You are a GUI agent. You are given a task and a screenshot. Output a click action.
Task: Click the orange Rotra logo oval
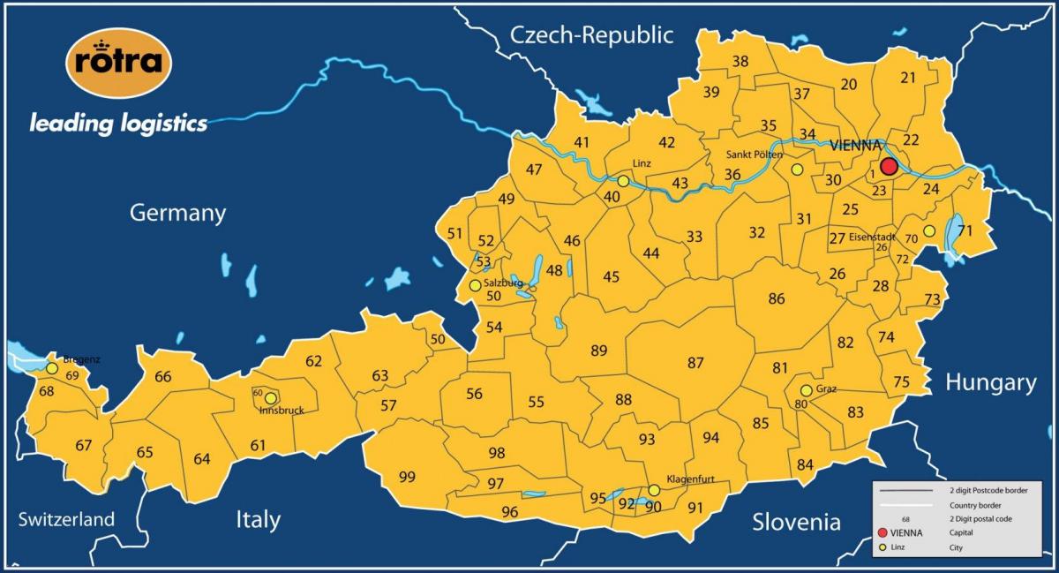coord(118,63)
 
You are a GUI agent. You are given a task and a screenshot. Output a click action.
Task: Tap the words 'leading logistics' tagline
coord(118,123)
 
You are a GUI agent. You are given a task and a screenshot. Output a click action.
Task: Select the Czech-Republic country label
coord(591,34)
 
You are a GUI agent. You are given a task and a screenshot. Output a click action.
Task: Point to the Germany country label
coord(177,213)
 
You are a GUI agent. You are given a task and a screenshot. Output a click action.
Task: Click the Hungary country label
coord(990,382)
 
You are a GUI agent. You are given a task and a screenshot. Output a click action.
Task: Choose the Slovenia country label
coord(796,522)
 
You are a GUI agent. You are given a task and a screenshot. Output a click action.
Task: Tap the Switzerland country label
coord(66,519)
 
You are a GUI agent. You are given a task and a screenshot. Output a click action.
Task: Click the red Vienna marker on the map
coord(889,167)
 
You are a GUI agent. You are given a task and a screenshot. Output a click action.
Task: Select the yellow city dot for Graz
coord(806,390)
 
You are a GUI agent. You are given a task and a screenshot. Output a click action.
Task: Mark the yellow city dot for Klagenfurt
coord(654,490)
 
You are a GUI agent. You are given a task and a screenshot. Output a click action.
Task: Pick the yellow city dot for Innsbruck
coord(271,398)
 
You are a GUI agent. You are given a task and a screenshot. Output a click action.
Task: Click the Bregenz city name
coord(81,359)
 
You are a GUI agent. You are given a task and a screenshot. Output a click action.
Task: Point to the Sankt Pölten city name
coord(754,155)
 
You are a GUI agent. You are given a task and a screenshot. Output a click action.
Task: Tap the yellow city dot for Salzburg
coord(476,285)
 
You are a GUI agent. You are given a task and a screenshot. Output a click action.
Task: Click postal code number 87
coord(695,363)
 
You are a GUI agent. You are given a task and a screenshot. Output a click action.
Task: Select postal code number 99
coord(407,478)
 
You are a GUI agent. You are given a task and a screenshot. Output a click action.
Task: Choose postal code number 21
coord(908,78)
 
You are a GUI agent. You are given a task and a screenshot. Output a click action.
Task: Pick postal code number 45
coord(611,277)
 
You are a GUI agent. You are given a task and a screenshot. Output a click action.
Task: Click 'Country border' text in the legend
coord(968,504)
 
